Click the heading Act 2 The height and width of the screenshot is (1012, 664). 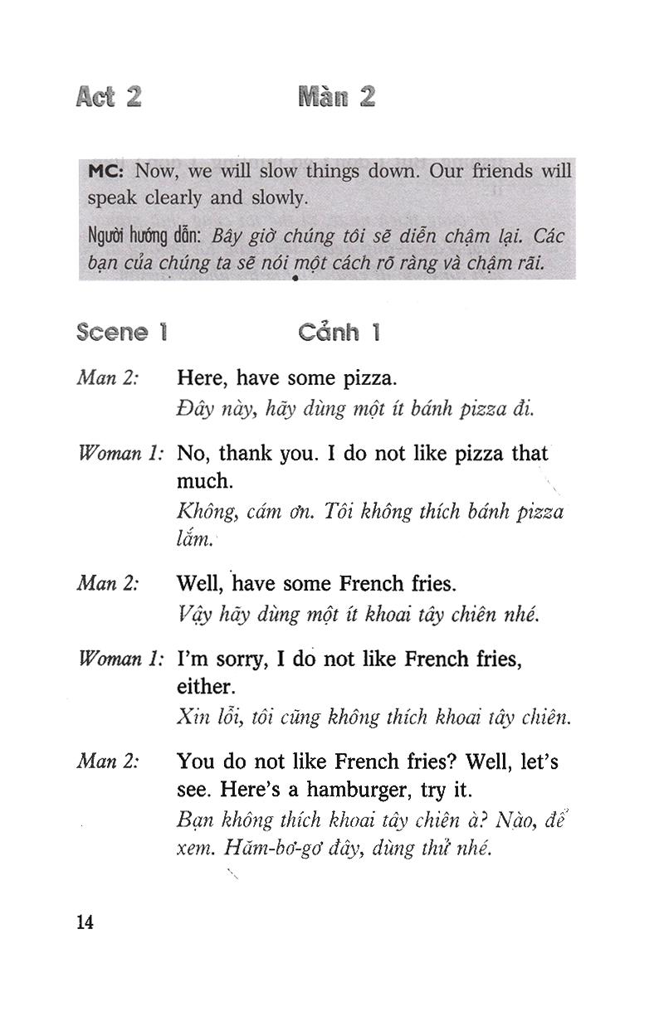pos(108,97)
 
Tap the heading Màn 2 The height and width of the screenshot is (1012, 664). pos(336,97)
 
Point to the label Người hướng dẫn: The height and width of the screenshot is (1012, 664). pos(146,237)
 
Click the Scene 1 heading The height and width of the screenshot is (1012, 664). pos(121,333)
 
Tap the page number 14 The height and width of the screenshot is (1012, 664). pos(85,922)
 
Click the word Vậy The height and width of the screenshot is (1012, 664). pos(193,615)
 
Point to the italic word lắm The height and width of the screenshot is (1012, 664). pos(194,541)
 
